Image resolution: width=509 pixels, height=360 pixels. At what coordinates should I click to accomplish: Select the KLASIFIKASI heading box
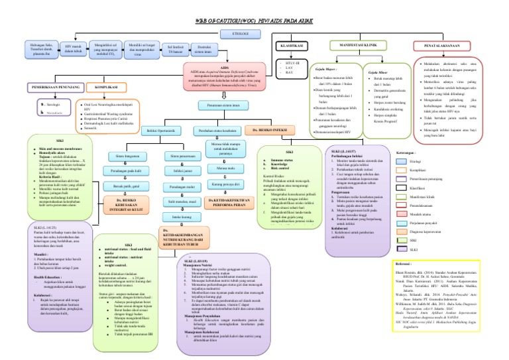291,46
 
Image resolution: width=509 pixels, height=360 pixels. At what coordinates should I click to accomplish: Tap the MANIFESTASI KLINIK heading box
357,46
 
